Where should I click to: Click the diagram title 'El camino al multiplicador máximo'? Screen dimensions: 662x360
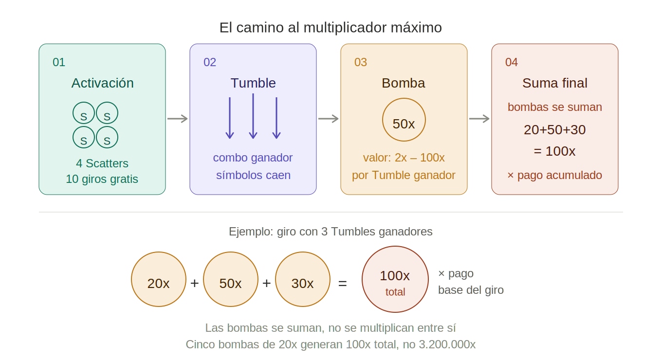click(x=331, y=27)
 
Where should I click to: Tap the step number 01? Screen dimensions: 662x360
click(x=59, y=62)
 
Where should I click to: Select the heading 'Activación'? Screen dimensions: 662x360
click(x=102, y=83)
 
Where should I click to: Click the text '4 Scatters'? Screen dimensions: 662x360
click(x=102, y=163)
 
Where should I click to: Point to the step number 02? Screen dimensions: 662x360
click(x=210, y=62)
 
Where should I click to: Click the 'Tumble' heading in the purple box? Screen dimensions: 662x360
click(x=253, y=83)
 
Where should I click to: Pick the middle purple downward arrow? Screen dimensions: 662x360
click(x=253, y=116)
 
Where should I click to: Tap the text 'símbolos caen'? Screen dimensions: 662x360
click(x=253, y=175)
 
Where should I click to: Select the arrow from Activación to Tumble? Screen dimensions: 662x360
click(x=177, y=119)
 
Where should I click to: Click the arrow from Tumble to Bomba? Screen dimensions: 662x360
click(x=329, y=119)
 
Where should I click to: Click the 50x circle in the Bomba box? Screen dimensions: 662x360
click(x=404, y=120)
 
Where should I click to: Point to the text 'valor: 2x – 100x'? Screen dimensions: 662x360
click(x=404, y=158)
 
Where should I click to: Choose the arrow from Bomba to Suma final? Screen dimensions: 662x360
click(x=479, y=119)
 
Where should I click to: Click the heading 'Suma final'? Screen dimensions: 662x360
click(x=555, y=83)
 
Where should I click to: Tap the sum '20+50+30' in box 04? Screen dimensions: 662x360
click(x=555, y=130)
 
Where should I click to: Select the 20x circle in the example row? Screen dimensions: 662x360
click(x=158, y=279)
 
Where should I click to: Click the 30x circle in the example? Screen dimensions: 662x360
click(x=303, y=279)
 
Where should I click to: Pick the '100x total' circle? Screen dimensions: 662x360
click(x=395, y=279)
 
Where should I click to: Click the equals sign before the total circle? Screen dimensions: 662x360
click(x=343, y=284)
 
